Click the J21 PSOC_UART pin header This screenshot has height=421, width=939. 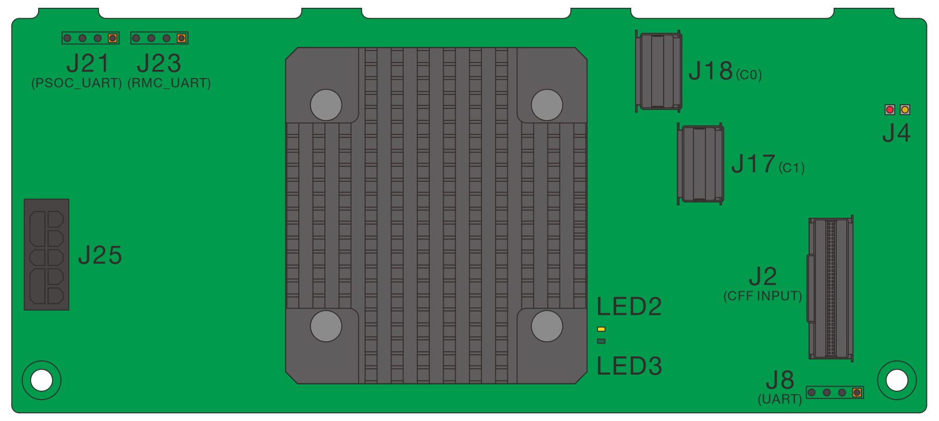[x=90, y=38]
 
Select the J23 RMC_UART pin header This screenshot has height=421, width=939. [x=159, y=38]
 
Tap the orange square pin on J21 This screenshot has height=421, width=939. [x=112, y=38]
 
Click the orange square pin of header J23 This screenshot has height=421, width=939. [x=181, y=38]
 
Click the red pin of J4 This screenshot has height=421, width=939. [x=890, y=109]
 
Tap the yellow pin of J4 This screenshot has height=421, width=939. [x=905, y=109]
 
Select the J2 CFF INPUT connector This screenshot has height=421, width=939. [x=831, y=288]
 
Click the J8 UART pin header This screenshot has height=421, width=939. [x=835, y=392]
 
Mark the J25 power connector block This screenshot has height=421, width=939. [x=46, y=254]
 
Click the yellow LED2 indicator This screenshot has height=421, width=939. [x=601, y=329]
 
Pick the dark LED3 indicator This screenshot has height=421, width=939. [x=601, y=341]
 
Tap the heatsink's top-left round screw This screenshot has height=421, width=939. [x=326, y=105]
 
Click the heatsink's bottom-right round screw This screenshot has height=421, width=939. [x=547, y=326]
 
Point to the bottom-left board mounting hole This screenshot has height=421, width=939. [x=42, y=380]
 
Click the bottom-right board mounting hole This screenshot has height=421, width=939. [x=897, y=380]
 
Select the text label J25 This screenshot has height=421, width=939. [x=100, y=255]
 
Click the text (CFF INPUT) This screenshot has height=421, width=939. [x=762, y=296]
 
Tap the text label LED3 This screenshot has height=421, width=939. [x=629, y=366]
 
